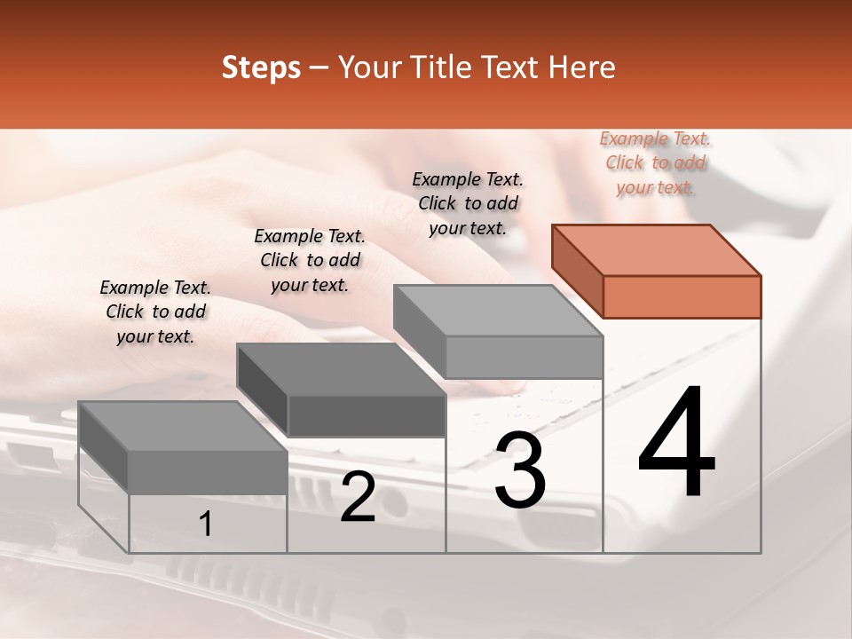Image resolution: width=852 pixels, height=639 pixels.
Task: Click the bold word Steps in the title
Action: [261, 67]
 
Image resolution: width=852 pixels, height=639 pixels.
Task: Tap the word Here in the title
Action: [582, 67]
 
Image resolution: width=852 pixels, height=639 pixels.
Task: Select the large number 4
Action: [676, 444]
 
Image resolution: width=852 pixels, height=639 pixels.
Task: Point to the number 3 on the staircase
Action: [520, 470]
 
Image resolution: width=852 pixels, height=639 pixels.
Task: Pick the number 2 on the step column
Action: [358, 498]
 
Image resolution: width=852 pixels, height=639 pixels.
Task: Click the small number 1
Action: [206, 525]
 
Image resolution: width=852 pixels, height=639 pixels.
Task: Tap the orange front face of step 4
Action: [682, 296]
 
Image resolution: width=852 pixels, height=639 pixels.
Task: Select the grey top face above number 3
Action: [498, 311]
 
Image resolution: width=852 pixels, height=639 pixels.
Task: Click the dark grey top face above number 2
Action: [340, 369]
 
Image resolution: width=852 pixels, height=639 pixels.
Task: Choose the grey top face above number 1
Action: [183, 426]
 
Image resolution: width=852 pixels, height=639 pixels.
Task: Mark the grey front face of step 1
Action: [208, 472]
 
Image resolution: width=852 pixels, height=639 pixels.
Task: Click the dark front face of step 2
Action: [366, 415]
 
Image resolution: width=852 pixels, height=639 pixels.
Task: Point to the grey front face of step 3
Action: [524, 357]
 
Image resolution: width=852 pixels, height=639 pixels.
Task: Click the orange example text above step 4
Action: [655, 162]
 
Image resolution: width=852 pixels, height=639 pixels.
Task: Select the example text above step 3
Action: [468, 203]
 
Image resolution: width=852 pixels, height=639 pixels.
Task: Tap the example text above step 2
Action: [310, 260]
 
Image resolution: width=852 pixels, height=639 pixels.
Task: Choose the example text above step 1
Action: [155, 312]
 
